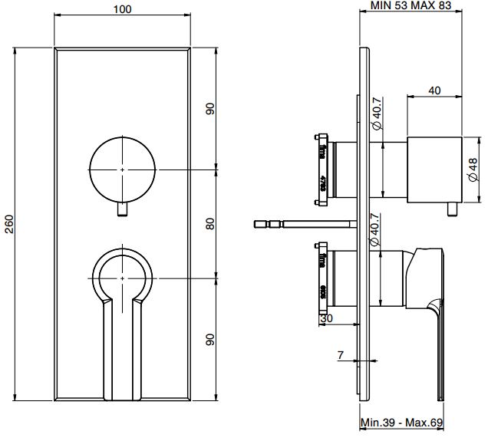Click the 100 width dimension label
pyautogui.click(x=122, y=10)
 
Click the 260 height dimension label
pyautogui.click(x=10, y=223)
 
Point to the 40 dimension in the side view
pyautogui.click(x=434, y=91)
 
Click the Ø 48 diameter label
pyautogui.click(x=473, y=166)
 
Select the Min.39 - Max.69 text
pyautogui.click(x=403, y=423)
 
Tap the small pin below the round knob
pyautogui.click(x=123, y=209)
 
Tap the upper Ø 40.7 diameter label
pyautogui.click(x=377, y=113)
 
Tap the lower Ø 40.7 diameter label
pyautogui.click(x=377, y=230)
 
